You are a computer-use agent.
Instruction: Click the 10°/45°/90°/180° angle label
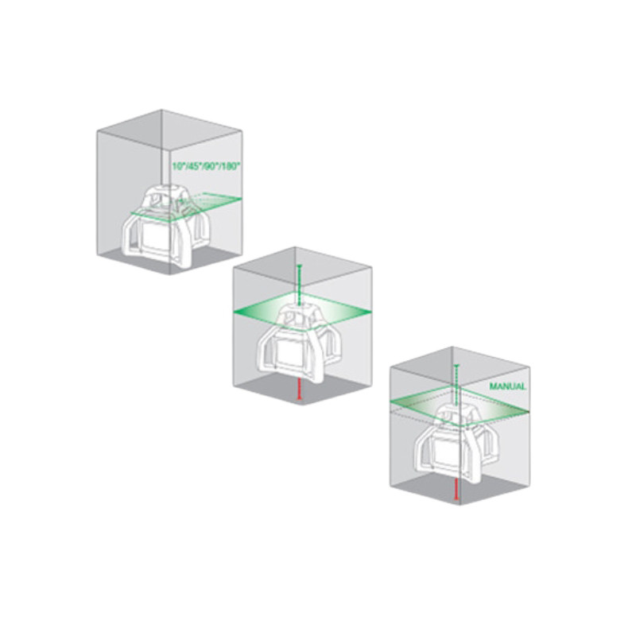point(206,166)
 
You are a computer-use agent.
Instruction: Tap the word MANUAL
point(507,385)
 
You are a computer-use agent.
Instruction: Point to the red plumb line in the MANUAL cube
point(456,487)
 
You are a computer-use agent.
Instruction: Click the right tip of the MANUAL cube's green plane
point(528,411)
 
